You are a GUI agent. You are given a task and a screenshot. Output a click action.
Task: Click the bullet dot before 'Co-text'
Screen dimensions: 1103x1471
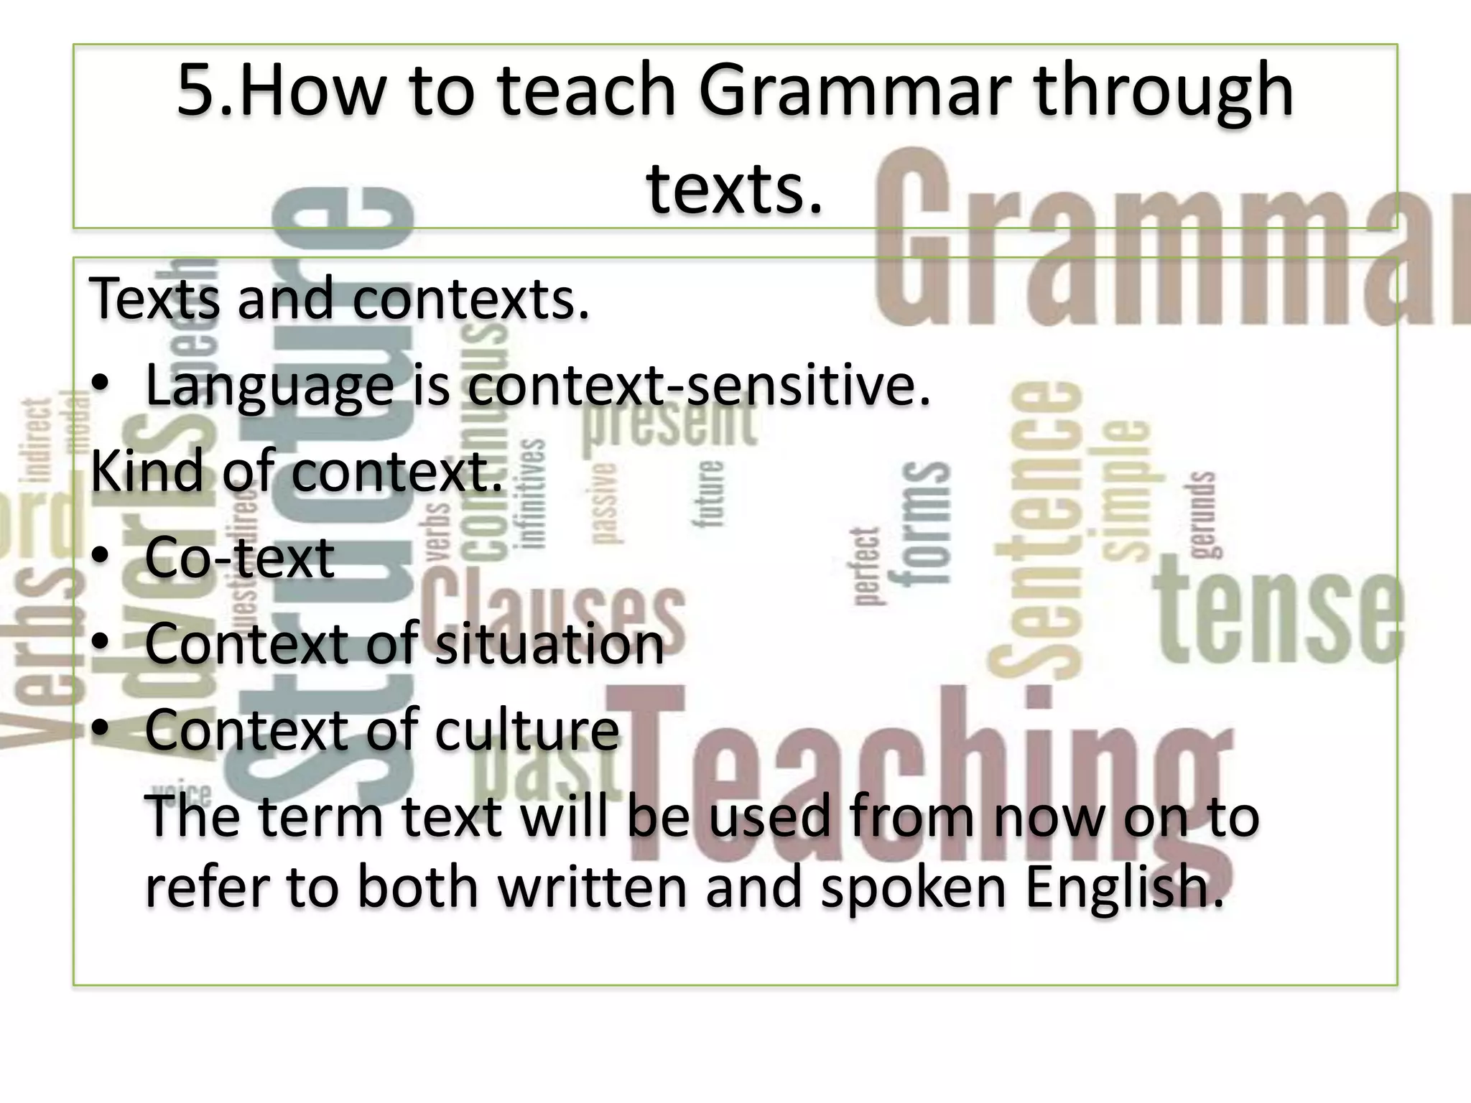click(101, 557)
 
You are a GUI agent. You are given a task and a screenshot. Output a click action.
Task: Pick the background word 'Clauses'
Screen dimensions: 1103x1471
click(553, 610)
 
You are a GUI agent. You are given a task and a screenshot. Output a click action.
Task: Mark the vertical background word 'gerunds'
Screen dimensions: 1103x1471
click(1203, 513)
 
